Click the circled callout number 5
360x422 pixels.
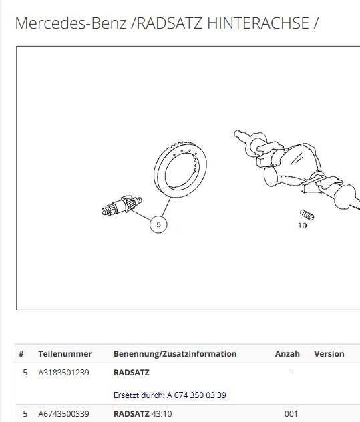click(x=158, y=224)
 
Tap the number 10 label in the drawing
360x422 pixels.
click(x=303, y=226)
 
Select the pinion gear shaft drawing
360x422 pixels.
click(x=122, y=205)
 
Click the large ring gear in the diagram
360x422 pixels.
click(x=180, y=170)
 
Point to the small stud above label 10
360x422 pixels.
click(x=307, y=214)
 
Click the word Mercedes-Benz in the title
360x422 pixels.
click(x=71, y=23)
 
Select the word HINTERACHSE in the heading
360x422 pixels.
click(x=258, y=23)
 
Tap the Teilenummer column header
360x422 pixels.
click(x=65, y=354)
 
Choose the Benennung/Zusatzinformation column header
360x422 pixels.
click(x=175, y=354)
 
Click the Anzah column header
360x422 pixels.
click(x=287, y=354)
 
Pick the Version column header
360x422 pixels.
click(x=329, y=354)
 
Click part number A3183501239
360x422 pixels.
click(x=63, y=373)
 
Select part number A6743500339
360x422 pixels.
click(x=63, y=414)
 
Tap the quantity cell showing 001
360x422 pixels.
click(x=291, y=414)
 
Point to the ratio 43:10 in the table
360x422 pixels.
click(x=162, y=414)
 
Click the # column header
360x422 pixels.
click(x=21, y=354)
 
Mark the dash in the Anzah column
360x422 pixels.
click(x=291, y=373)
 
